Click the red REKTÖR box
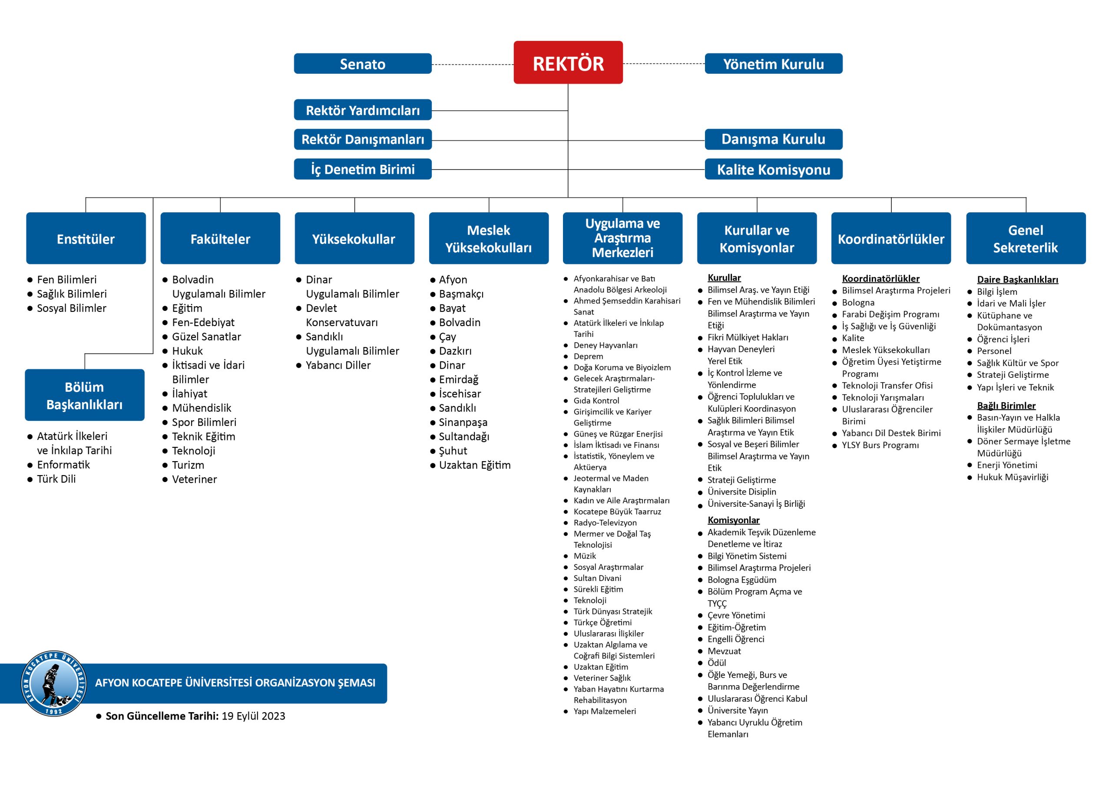coord(568,63)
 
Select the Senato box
coord(363,63)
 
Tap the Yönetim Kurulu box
coord(774,63)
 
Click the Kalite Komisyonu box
coord(774,169)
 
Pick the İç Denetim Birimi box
coord(363,169)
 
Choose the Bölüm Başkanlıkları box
coord(85,395)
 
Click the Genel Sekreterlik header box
coord(1026,238)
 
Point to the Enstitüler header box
coord(86,238)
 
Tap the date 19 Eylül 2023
coord(253,716)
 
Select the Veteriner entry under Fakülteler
coord(194,479)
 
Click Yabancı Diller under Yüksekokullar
coord(338,365)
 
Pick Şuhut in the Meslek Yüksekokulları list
coord(453,451)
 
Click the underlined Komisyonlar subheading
coord(733,520)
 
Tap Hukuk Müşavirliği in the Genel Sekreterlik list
coord(1012,477)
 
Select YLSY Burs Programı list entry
coord(880,445)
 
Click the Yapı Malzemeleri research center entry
coord(604,711)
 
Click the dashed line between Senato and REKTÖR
coord(473,64)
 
